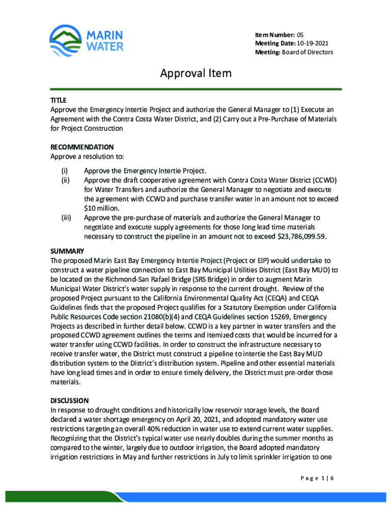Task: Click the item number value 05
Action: pyautogui.click(x=301, y=34)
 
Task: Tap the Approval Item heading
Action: pyautogui.click(x=196, y=74)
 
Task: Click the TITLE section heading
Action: pyautogui.click(x=58, y=100)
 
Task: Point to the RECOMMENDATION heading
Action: pyautogui.click(x=81, y=147)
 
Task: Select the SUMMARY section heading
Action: pyautogui.click(x=67, y=251)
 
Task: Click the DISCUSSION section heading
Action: pyautogui.click(x=69, y=400)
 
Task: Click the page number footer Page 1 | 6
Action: pyautogui.click(x=313, y=477)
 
